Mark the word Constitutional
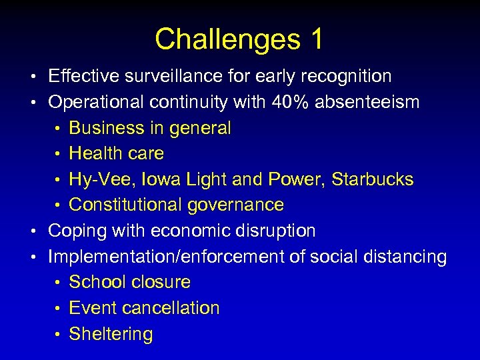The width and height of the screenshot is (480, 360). click(126, 205)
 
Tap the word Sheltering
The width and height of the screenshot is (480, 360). click(111, 334)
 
